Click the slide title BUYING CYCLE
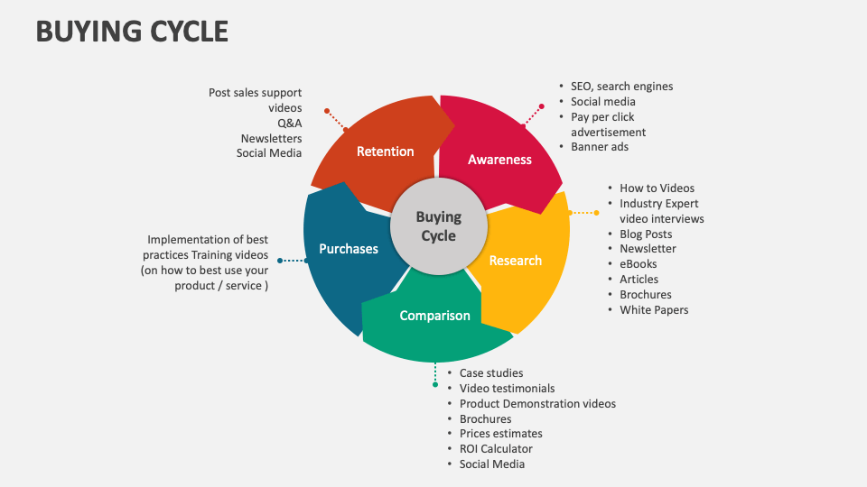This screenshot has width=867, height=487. click(132, 31)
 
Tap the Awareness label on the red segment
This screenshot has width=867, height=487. click(499, 160)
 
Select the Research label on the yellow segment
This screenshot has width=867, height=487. click(515, 261)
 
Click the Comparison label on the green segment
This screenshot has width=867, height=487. click(434, 316)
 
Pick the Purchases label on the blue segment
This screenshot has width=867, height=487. click(349, 249)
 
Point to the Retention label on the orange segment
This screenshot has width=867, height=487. click(385, 152)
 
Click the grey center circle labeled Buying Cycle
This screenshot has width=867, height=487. click(438, 226)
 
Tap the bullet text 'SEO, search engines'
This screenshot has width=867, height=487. click(621, 87)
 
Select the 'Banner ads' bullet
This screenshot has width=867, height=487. click(600, 147)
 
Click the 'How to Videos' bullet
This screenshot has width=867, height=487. click(657, 188)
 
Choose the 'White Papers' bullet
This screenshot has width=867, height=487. click(654, 310)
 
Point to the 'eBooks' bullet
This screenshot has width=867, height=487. click(638, 264)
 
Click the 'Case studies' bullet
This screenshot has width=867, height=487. click(490, 373)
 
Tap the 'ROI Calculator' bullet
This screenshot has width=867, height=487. click(496, 449)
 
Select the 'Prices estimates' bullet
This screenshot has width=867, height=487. click(500, 434)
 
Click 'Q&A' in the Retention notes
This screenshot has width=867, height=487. click(288, 124)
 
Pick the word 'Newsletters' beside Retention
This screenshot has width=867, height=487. click(271, 139)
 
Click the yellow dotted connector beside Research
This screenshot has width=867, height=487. click(583, 213)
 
